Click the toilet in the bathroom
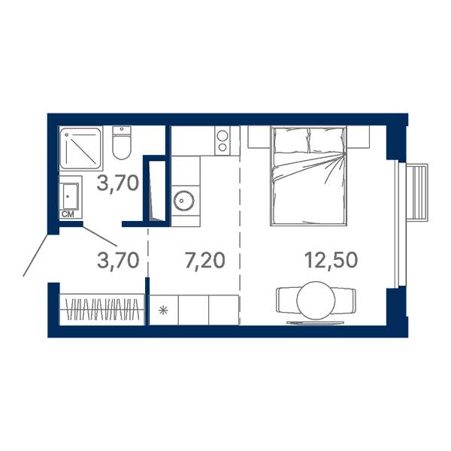[122, 142]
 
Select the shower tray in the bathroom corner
[81, 148]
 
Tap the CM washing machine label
[68, 214]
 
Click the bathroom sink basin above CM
[70, 196]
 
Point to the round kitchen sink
[183, 201]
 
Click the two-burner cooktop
[222, 141]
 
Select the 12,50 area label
[331, 260]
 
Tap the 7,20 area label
[204, 260]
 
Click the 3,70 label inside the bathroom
[118, 183]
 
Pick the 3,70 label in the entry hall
[118, 260]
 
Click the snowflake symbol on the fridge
[163, 310]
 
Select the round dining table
[316, 300]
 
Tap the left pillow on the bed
[290, 141]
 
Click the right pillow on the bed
[326, 141]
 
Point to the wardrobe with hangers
[101, 310]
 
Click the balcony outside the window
[417, 192]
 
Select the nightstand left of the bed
[259, 137]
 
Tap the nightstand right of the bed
[358, 137]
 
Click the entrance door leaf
[35, 256]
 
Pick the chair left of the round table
[287, 300]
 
